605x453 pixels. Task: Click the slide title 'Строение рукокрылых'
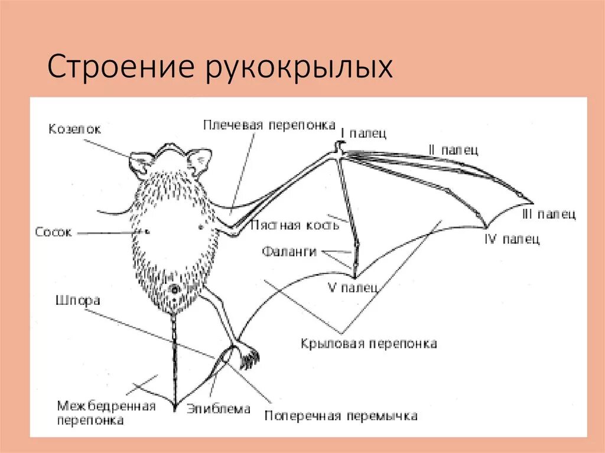(220, 67)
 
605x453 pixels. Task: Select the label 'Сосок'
(53, 232)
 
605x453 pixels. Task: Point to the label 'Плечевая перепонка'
(269, 126)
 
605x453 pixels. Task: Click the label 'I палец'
(363, 133)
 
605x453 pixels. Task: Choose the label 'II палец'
(453, 150)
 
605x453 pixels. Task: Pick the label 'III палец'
(549, 214)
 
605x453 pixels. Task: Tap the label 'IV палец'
(512, 240)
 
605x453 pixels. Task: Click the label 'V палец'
(353, 288)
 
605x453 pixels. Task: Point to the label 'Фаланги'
(290, 252)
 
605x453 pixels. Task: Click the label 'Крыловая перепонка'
(369, 343)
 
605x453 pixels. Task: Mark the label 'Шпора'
(77, 301)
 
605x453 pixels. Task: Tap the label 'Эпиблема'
(219, 409)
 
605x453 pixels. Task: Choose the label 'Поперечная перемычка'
(341, 416)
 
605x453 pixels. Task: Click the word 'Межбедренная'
(106, 406)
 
